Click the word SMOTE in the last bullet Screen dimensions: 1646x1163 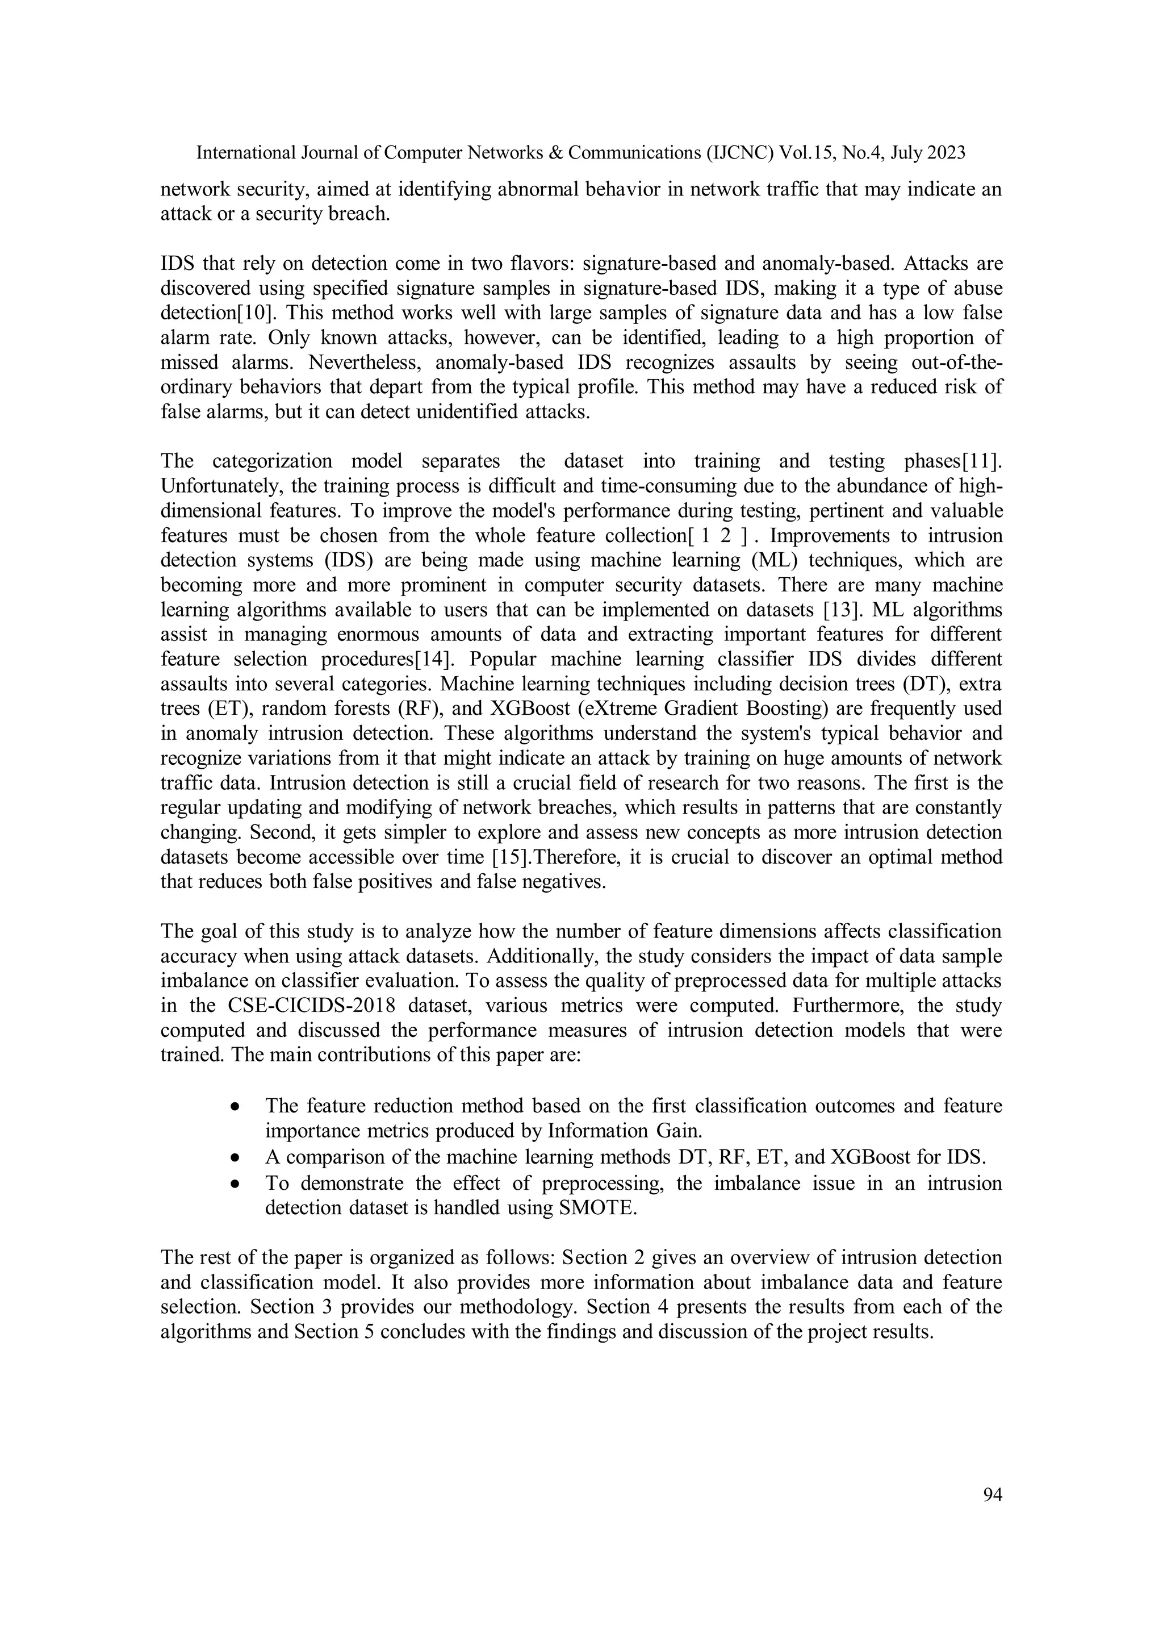(597, 1208)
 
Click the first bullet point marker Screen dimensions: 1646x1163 (235, 1107)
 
